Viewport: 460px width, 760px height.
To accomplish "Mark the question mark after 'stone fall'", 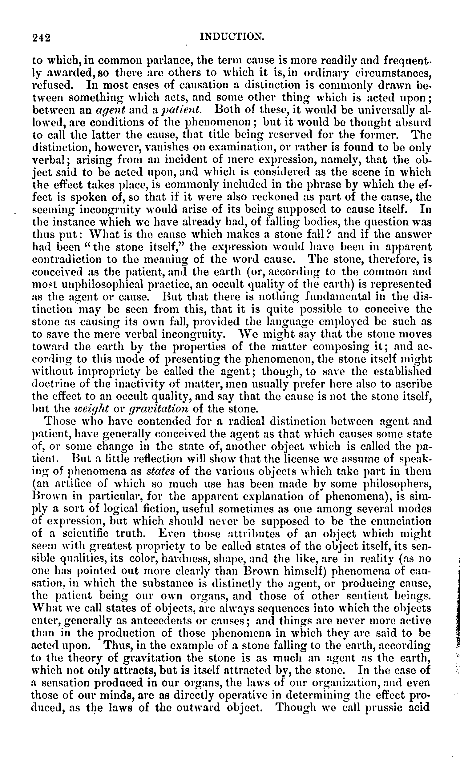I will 329,235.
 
